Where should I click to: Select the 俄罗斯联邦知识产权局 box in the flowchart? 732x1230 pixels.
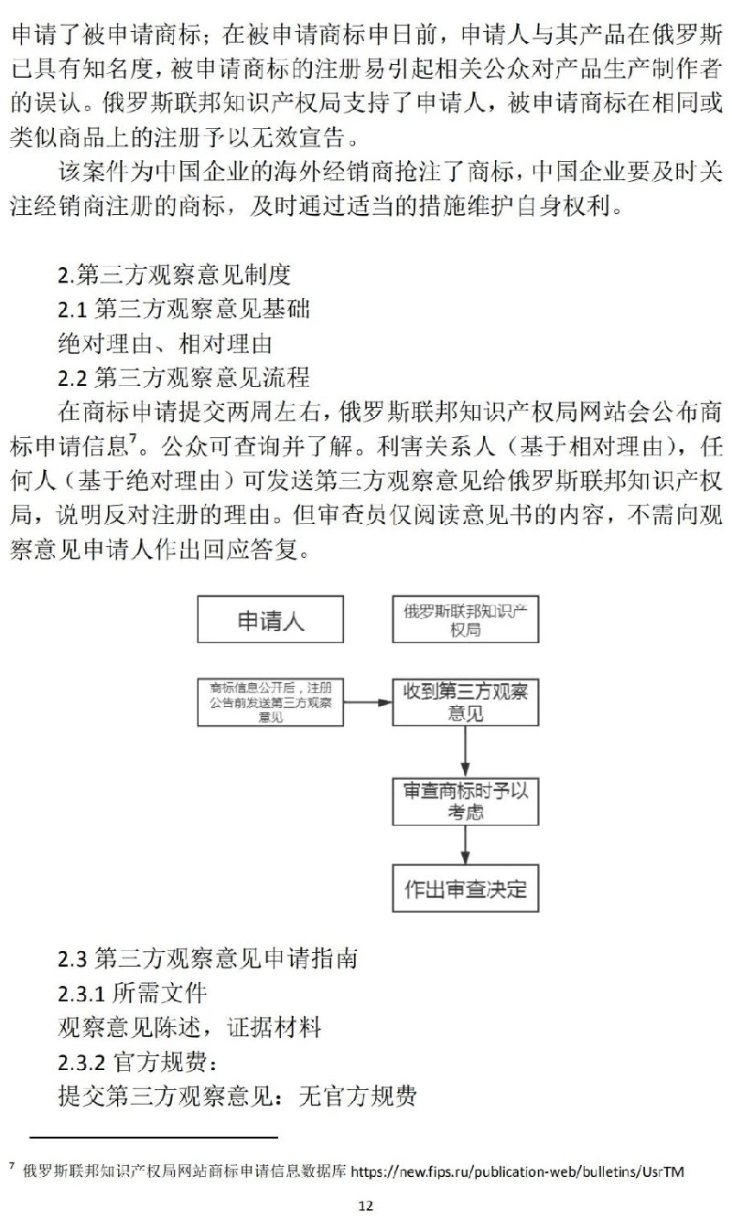(466, 620)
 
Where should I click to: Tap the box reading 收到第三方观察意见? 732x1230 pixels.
(466, 702)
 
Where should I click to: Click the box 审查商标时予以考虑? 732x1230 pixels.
(466, 800)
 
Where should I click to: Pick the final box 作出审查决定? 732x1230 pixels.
(466, 888)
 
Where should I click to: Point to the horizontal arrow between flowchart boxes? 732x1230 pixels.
(368, 702)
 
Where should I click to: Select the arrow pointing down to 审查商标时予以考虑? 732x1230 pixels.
(466, 751)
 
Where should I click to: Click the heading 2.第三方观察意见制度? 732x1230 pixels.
(174, 273)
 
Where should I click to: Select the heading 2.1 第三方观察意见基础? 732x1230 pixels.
(183, 308)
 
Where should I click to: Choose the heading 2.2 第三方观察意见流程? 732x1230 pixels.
(183, 377)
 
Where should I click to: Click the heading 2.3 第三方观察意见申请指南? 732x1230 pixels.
(208, 958)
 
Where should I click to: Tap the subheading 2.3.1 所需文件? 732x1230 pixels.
(133, 992)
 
